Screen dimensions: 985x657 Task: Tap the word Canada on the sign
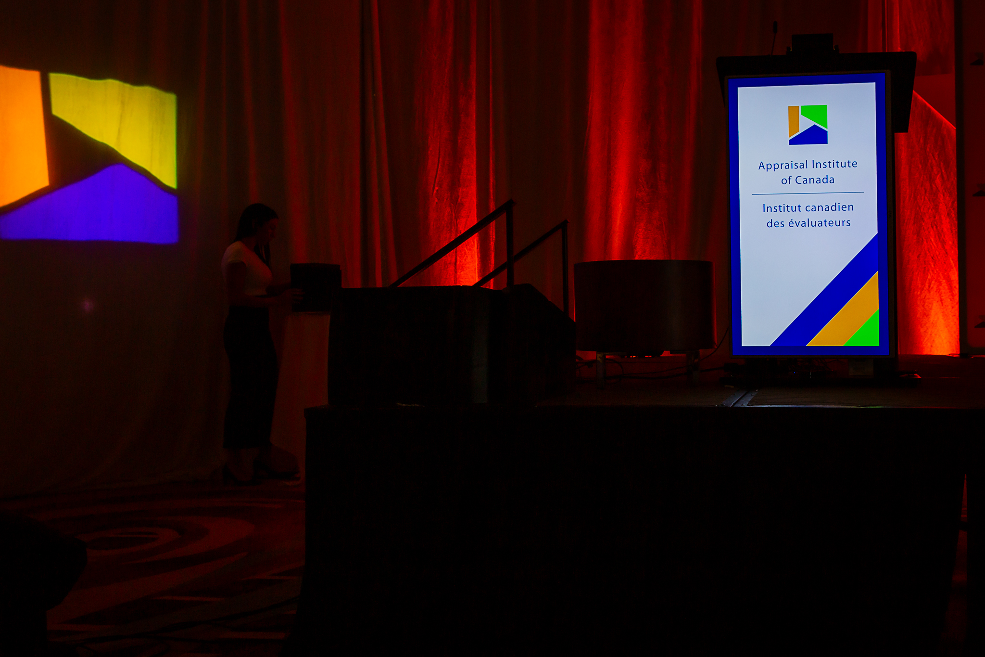(815, 180)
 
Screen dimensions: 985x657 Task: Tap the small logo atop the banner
(808, 125)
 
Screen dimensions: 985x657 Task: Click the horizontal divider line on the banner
(808, 193)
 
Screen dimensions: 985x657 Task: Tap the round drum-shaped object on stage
(644, 305)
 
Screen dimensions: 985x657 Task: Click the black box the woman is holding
(316, 287)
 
